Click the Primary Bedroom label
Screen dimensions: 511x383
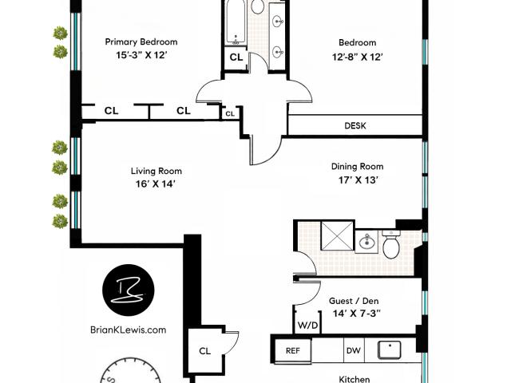click(x=141, y=42)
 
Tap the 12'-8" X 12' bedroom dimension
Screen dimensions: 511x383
click(x=357, y=57)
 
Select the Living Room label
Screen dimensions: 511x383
click(x=156, y=171)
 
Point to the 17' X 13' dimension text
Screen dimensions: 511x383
click(x=358, y=180)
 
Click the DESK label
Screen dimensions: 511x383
click(x=355, y=126)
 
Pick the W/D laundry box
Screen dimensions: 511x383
click(x=307, y=325)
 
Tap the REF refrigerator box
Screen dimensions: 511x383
click(x=293, y=350)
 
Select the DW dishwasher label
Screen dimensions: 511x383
click(x=354, y=350)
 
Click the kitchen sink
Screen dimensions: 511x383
click(x=390, y=349)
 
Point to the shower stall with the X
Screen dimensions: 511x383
click(x=337, y=236)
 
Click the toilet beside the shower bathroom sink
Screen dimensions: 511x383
click(x=391, y=244)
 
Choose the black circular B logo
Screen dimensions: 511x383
click(x=128, y=290)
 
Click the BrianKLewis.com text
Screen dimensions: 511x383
click(x=128, y=330)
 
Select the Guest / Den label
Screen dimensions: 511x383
click(x=354, y=301)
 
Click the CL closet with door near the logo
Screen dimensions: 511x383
click(x=205, y=351)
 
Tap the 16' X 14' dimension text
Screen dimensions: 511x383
click(x=156, y=184)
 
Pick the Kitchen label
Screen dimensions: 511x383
click(x=355, y=379)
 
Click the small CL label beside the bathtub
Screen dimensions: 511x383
click(x=236, y=57)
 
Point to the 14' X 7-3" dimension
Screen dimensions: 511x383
click(x=357, y=314)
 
